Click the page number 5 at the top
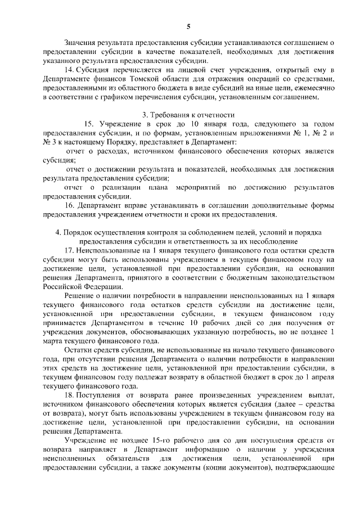tap(188, 26)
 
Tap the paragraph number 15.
tap(88, 124)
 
